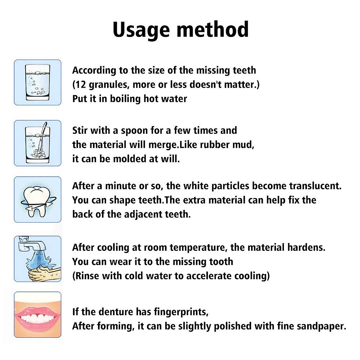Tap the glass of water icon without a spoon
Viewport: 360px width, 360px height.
point(38,82)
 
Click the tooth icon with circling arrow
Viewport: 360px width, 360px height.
point(38,199)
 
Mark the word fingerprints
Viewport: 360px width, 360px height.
point(181,312)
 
